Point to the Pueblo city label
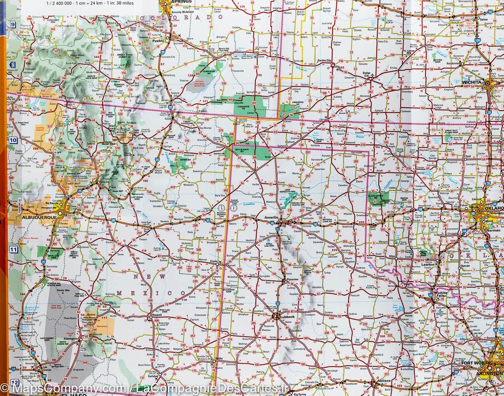tap(158, 41)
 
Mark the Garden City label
tap(324, 61)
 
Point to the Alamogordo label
tap(70, 338)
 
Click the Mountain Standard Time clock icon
tap(221, 208)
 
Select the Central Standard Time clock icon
tap(233, 208)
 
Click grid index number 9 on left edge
tap(13, 24)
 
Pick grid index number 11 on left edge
tap(13, 250)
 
